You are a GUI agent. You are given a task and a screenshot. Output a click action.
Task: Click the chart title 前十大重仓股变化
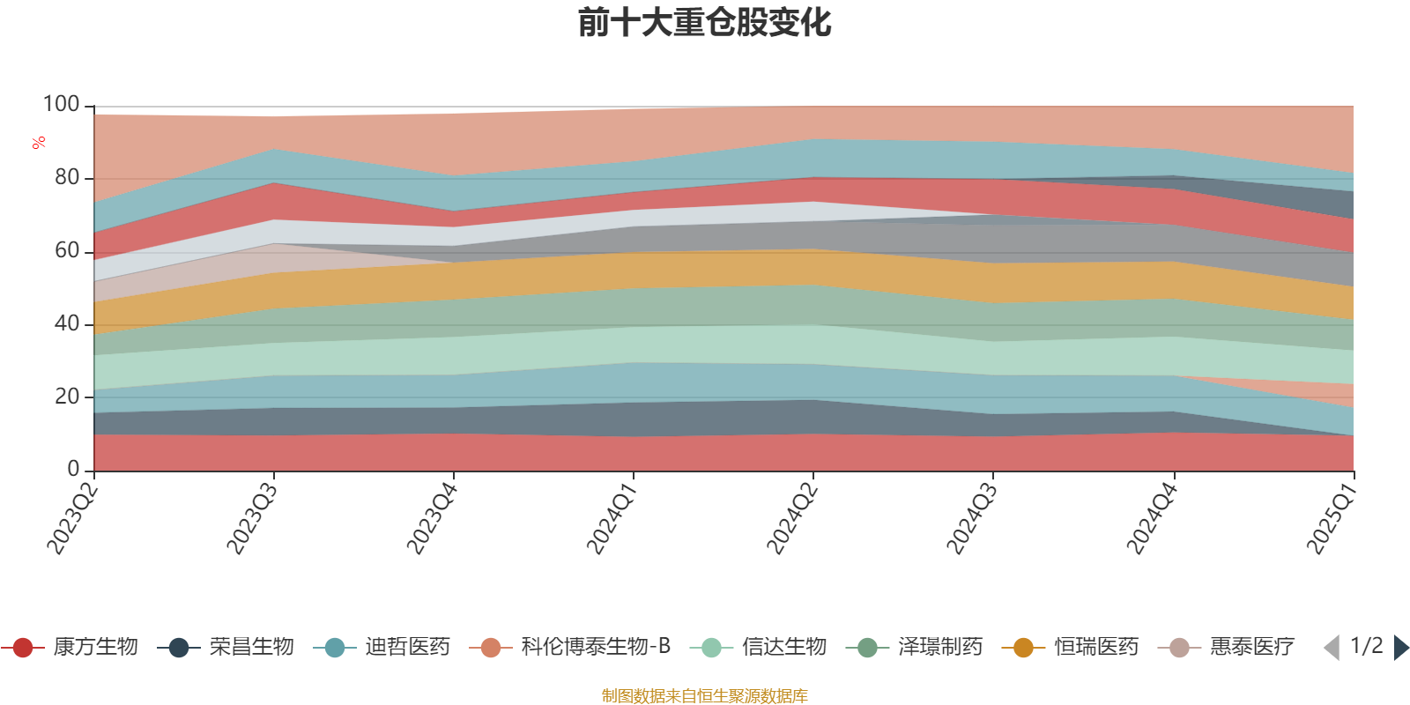tap(704, 23)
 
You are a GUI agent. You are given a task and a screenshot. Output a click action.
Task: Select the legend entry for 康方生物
tap(70, 647)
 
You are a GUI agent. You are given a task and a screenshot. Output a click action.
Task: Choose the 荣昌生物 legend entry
tap(226, 647)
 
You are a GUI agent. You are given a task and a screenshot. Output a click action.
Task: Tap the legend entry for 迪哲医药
tap(382, 647)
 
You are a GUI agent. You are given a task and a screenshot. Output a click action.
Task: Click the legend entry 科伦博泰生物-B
tap(569, 647)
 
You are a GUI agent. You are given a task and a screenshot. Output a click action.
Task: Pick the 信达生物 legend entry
tap(759, 647)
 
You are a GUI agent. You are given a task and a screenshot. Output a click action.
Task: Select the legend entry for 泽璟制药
tap(915, 647)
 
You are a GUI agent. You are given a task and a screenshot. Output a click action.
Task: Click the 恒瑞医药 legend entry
tap(1071, 647)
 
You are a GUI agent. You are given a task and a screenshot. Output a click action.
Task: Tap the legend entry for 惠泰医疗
tap(1227, 647)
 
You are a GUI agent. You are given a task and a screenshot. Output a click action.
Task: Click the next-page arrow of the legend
tap(1401, 647)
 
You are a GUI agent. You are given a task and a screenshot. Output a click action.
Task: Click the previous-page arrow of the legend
tap(1332, 647)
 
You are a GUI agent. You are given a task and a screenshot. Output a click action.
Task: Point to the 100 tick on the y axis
tap(61, 105)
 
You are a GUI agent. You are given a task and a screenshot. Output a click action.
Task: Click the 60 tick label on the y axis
tap(67, 251)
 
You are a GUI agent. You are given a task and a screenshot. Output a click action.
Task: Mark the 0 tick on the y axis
tap(74, 469)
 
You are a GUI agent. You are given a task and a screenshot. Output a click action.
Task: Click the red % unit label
tap(39, 143)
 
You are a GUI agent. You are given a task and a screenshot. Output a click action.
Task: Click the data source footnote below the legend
tap(704, 695)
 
